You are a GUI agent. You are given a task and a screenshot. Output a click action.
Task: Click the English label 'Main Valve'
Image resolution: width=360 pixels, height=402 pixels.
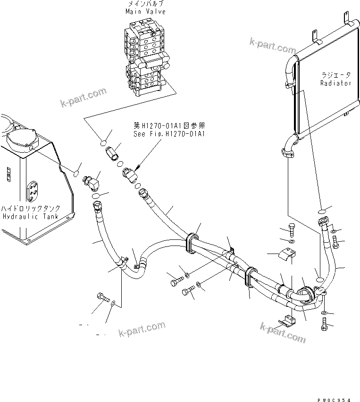[x=145, y=12]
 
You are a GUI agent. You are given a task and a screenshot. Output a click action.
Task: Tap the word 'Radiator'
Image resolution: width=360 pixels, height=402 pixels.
[x=335, y=83]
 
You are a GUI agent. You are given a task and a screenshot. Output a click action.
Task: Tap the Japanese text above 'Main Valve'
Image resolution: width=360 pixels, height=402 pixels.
[x=145, y=4]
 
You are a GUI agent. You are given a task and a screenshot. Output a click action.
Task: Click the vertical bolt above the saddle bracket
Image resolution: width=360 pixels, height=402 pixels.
[x=292, y=230]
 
